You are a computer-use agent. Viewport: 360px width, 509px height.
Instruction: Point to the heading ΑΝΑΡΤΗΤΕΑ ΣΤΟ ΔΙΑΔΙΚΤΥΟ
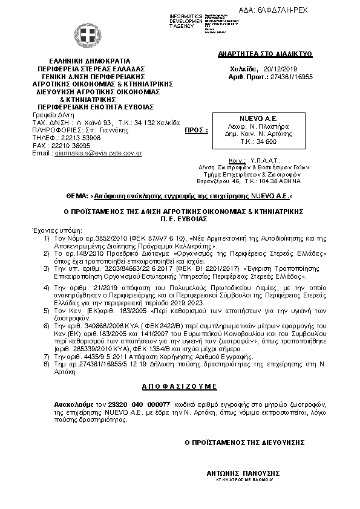point(264,54)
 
